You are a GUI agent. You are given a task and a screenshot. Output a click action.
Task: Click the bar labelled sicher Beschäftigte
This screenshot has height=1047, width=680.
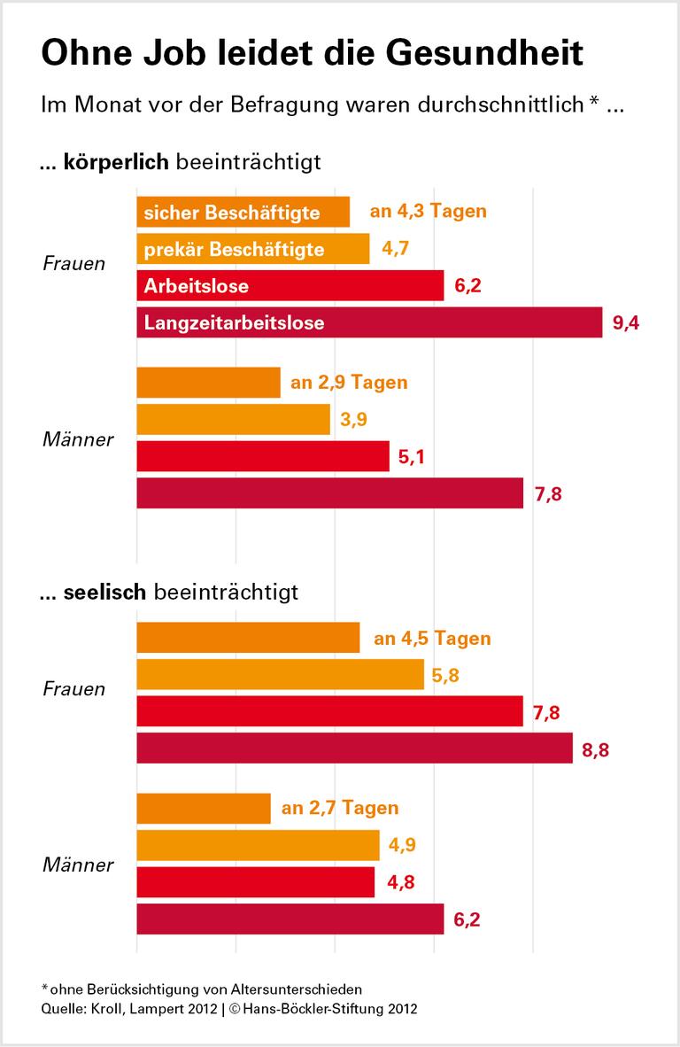click(x=243, y=213)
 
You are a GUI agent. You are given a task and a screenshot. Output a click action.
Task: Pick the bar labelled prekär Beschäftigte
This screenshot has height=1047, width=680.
click(x=252, y=249)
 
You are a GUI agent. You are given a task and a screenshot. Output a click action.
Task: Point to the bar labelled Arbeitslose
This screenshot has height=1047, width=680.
click(x=290, y=286)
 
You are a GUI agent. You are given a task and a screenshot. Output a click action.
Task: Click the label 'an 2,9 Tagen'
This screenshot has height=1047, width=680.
click(x=349, y=383)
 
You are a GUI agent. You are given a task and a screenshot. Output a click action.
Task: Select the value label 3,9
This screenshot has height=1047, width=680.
click(x=353, y=420)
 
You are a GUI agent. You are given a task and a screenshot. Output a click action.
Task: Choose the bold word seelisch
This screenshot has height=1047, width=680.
click(x=104, y=592)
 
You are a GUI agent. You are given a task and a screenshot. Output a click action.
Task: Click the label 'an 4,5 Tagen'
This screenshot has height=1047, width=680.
click(x=432, y=638)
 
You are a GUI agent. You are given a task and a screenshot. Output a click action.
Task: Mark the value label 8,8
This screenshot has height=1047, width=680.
click(x=597, y=749)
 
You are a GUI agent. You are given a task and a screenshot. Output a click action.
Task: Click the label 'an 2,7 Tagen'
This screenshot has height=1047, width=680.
click(x=340, y=808)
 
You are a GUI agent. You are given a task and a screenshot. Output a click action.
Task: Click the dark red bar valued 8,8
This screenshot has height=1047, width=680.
click(x=354, y=749)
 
